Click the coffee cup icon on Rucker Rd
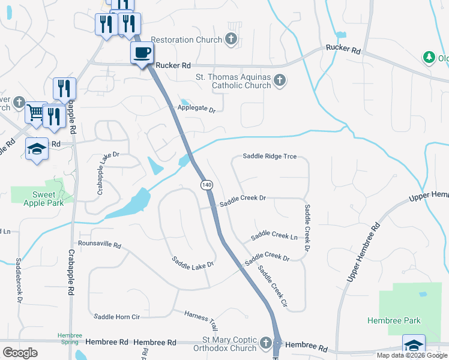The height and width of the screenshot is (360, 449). pyautogui.click(x=142, y=53)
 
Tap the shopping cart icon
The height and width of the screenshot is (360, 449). pyautogui.click(x=37, y=112)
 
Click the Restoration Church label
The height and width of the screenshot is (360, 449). pyautogui.click(x=187, y=40)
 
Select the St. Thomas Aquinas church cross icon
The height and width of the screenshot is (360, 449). pyautogui.click(x=279, y=80)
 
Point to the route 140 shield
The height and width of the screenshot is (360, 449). pyautogui.click(x=206, y=185)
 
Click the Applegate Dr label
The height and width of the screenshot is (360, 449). pyautogui.click(x=196, y=109)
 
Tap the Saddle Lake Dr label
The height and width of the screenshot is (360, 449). pyautogui.click(x=193, y=262)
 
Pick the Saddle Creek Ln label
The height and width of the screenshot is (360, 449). pyautogui.click(x=274, y=236)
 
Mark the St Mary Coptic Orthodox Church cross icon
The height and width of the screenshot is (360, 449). pyautogui.click(x=267, y=344)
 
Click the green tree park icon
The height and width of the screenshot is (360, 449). pyautogui.click(x=429, y=58)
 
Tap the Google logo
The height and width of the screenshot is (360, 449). pyautogui.click(x=20, y=353)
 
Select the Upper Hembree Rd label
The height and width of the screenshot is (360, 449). pyautogui.click(x=364, y=252)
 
